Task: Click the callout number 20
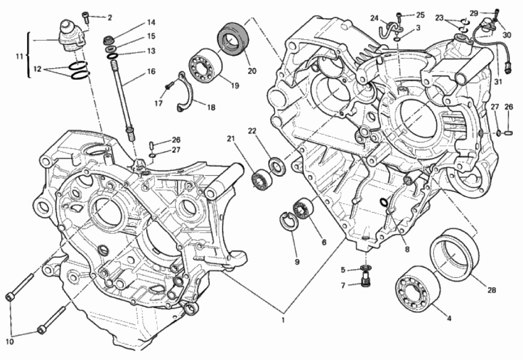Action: click(x=252, y=71)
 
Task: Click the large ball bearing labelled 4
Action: click(x=417, y=288)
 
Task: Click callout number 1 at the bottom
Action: click(x=283, y=320)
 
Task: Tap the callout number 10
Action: click(x=9, y=341)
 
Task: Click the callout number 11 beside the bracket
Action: click(x=19, y=57)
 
